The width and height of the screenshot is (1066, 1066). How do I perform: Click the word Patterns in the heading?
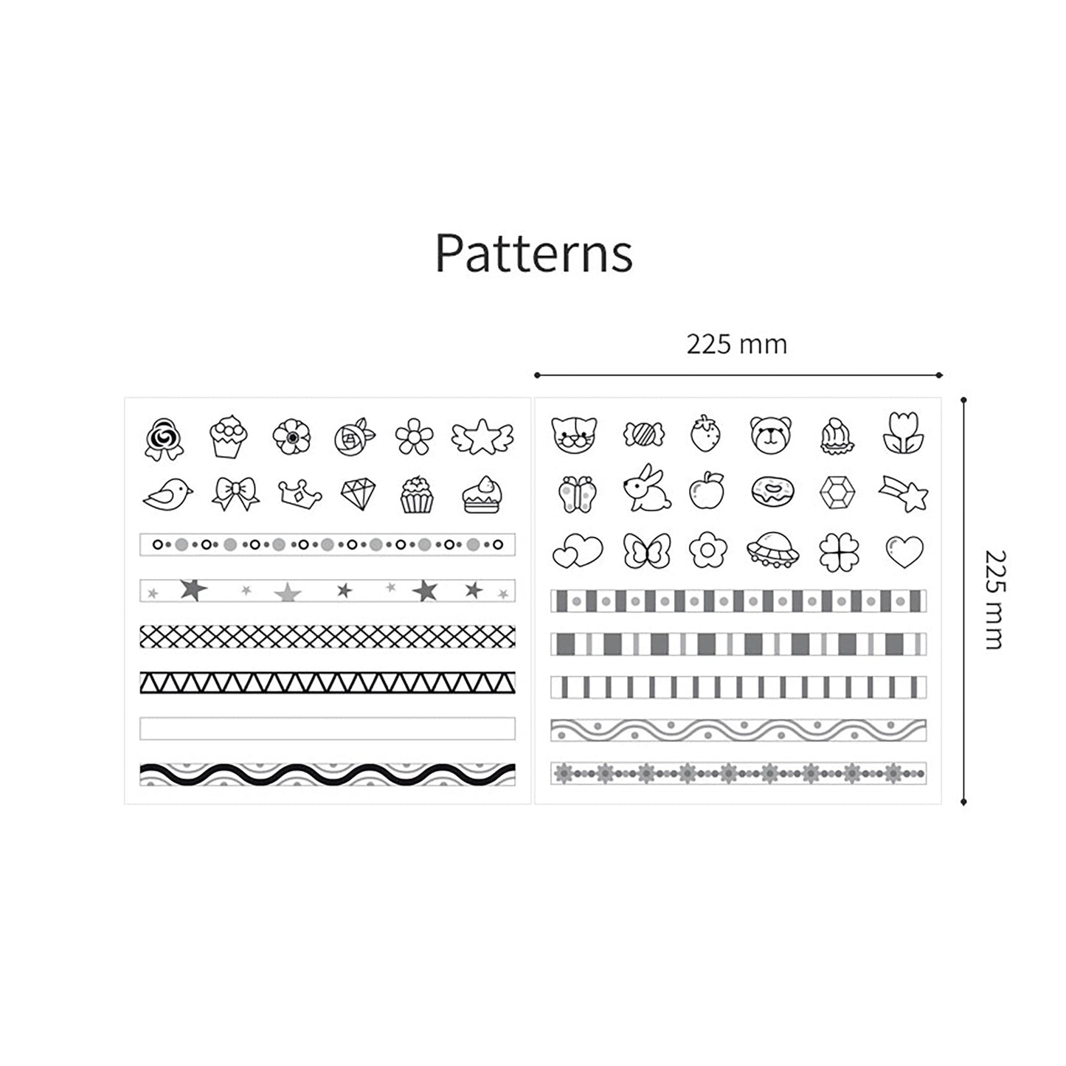533,253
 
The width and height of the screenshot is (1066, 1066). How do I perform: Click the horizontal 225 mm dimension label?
736,345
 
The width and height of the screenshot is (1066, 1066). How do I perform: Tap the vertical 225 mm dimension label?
994,599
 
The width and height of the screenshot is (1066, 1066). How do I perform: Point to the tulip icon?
903,434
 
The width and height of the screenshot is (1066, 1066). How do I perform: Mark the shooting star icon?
904,493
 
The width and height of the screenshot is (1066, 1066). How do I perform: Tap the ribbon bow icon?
235,494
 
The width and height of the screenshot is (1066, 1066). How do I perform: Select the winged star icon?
482,436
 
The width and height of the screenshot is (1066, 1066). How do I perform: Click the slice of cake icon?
482,494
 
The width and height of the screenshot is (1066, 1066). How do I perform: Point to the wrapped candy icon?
643,434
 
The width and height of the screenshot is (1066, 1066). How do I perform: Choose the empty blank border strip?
328,729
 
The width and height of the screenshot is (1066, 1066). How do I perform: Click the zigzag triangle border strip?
328,682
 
